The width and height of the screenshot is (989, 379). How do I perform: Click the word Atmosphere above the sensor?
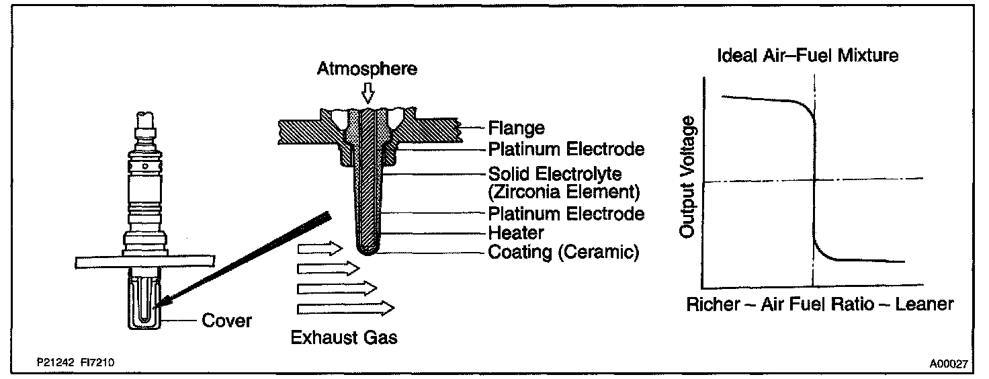[368, 69]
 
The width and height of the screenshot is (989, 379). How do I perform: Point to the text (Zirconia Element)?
[563, 192]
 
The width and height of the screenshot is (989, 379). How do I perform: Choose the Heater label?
[516, 233]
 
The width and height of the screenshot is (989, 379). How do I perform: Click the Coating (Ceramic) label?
[562, 253]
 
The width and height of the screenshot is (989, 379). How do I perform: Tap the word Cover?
[227, 321]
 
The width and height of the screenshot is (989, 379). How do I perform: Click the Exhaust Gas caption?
[344, 337]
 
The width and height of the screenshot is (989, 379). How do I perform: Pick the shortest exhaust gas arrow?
[320, 249]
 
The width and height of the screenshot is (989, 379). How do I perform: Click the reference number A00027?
[948, 364]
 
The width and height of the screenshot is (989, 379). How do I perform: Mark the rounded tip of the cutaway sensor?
[367, 251]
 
